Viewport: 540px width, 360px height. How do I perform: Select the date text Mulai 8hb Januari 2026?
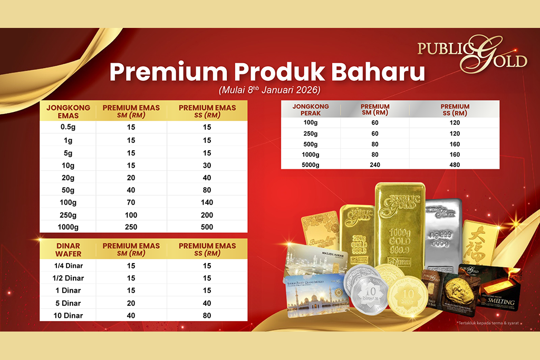[x=269, y=90]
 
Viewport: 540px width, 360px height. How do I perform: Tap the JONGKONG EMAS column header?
[x=68, y=111]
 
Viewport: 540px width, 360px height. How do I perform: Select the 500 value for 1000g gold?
[x=207, y=227]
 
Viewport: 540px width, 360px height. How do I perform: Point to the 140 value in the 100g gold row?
[x=207, y=202]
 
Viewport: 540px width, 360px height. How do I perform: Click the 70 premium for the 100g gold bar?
[x=131, y=202]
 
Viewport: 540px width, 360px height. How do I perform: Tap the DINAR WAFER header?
[x=68, y=250]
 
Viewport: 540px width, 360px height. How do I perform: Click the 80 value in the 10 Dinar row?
[x=207, y=316]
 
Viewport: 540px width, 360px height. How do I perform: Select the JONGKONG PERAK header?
[x=311, y=110]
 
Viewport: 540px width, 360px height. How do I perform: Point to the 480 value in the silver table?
[x=454, y=165]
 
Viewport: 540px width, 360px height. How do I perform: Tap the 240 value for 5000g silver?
[x=375, y=165]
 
